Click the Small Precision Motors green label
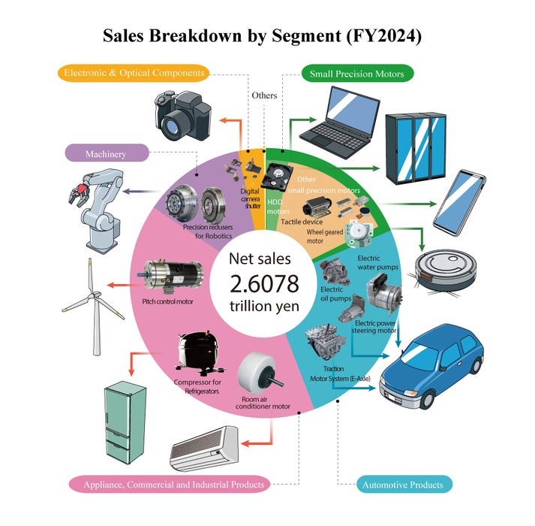(x=357, y=74)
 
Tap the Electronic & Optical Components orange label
(x=134, y=73)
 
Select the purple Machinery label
(x=105, y=154)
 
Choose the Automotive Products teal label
(x=402, y=485)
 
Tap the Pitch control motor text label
(x=168, y=301)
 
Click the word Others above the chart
(x=264, y=95)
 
